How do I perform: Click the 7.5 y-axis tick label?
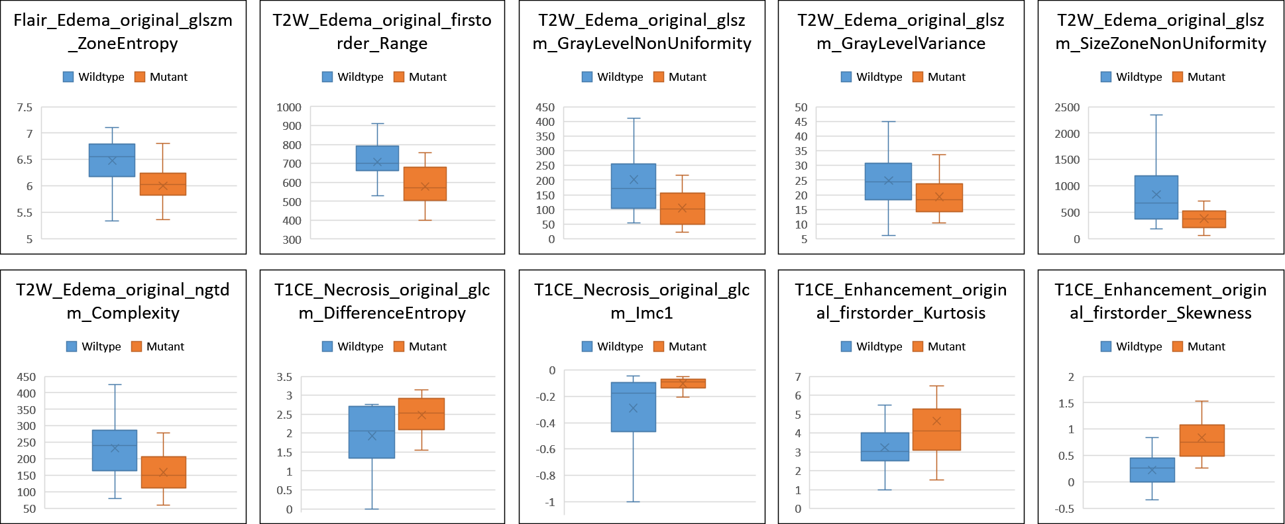coord(24,107)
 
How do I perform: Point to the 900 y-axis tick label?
coord(288,126)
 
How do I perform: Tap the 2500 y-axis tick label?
coord(1067,107)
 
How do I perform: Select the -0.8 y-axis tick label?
coord(547,476)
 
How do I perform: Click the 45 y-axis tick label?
coord(801,122)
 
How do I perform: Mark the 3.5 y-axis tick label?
coord(284,378)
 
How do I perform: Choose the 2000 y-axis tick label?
coord(1067,134)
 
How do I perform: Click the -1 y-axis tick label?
coord(551,503)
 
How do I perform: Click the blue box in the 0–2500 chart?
coord(1156,197)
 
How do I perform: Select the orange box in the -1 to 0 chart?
coord(683,384)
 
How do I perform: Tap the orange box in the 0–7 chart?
coord(936,430)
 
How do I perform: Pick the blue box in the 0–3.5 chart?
coord(372,432)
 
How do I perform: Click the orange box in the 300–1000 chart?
coord(425,183)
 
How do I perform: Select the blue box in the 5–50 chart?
coord(888,182)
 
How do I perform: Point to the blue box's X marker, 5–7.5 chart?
coord(112,160)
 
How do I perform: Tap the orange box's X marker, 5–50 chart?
coord(939,197)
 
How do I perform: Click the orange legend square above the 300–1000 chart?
coord(398,77)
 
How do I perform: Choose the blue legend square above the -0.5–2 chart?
coord(1105,346)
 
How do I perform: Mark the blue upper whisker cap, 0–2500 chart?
coord(1156,115)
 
